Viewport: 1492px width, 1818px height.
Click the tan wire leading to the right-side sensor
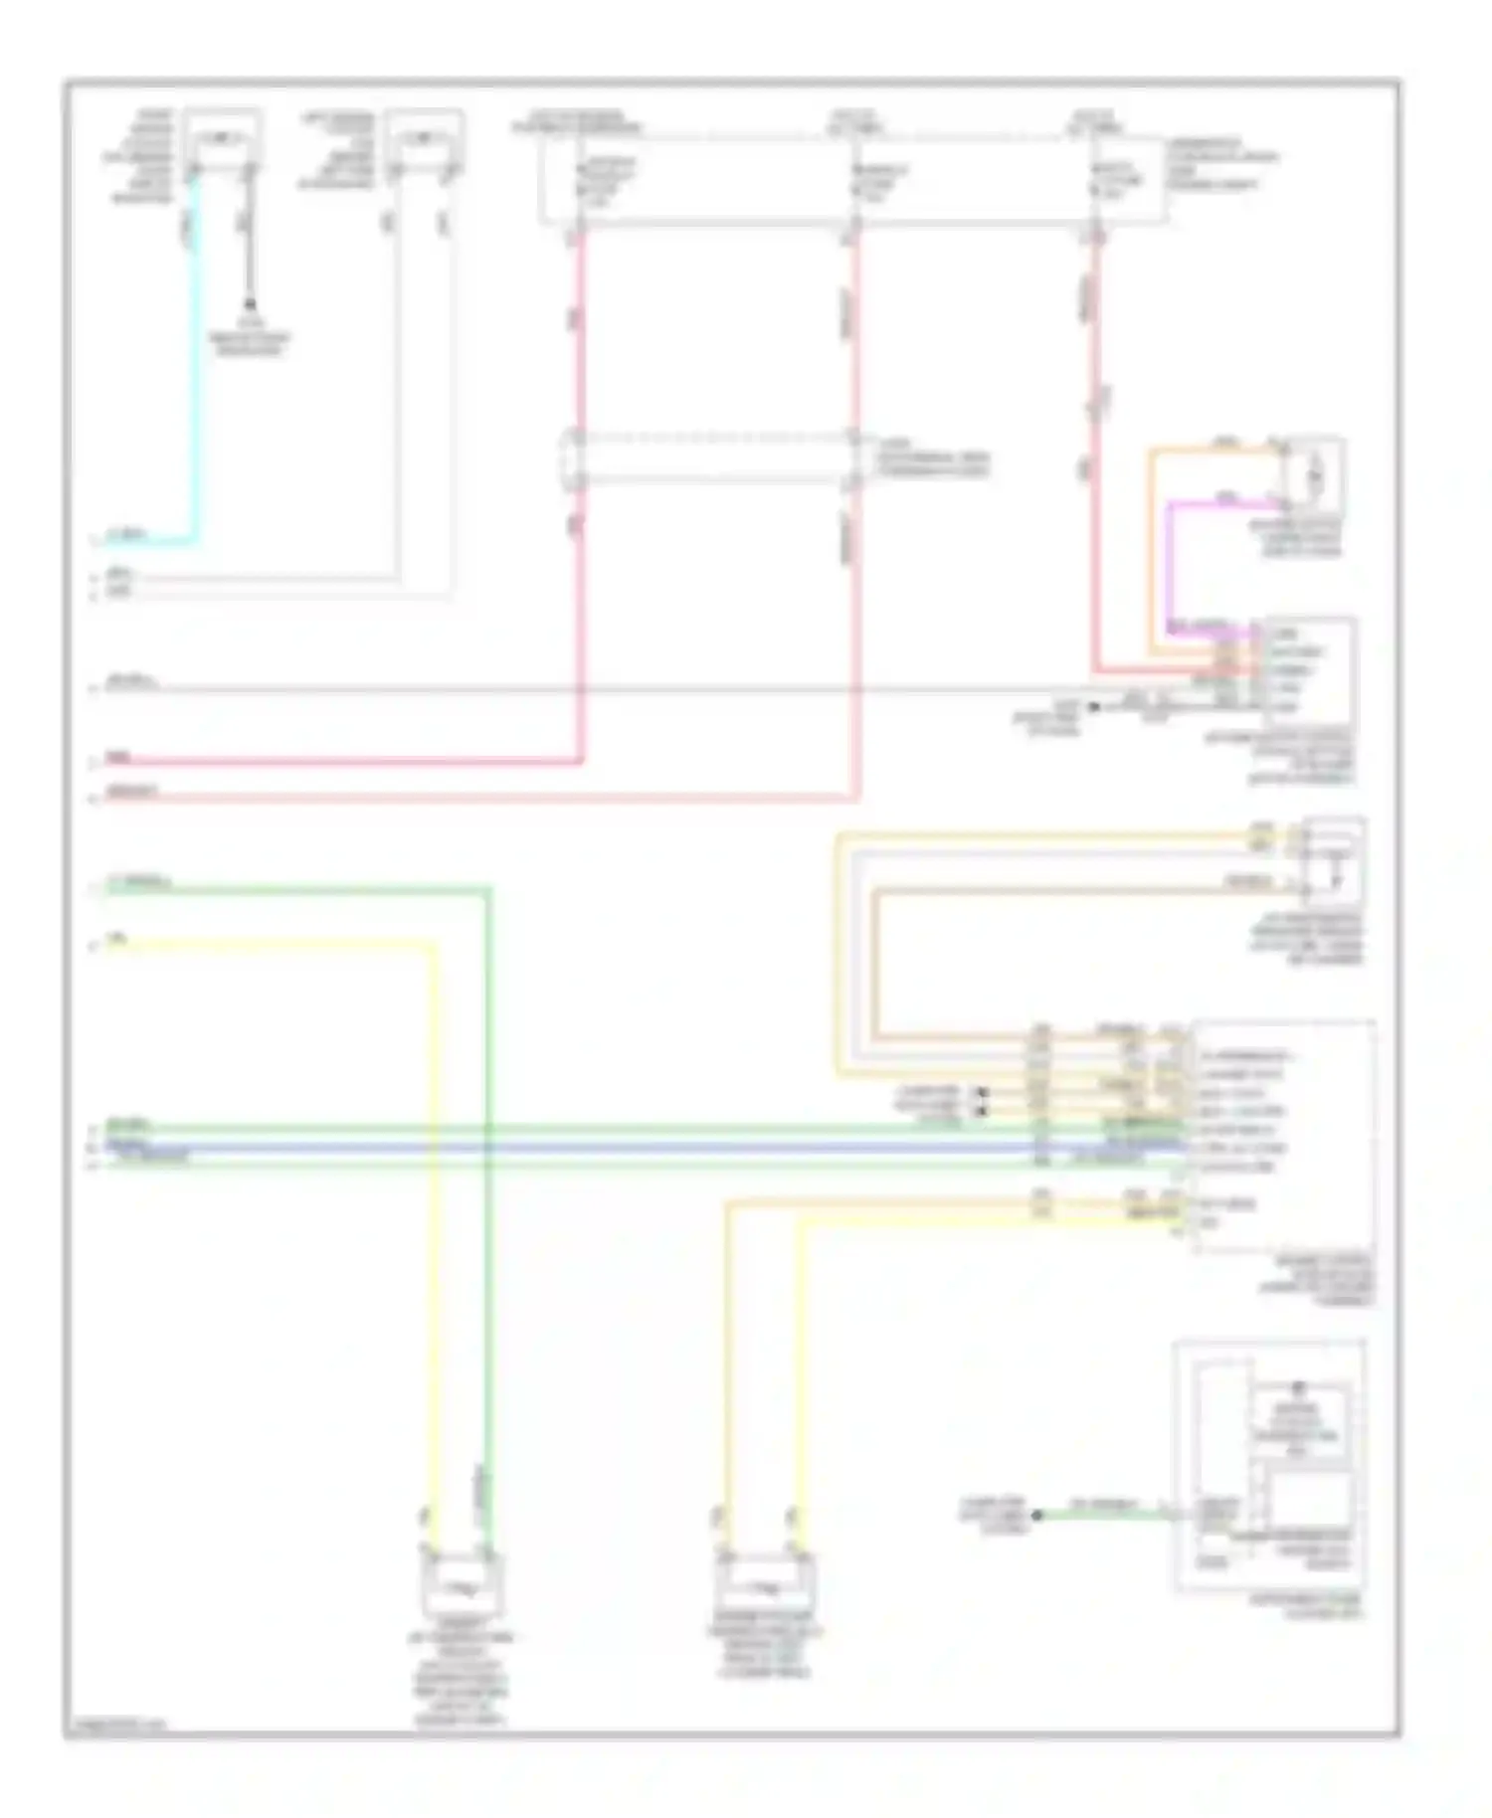[x=875, y=955]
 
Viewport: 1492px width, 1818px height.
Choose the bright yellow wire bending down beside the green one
[x=434, y=1193]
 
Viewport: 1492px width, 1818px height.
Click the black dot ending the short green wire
[x=1036, y=1515]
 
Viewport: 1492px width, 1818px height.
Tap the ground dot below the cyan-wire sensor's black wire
[x=251, y=301]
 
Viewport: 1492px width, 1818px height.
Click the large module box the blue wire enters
[x=1283, y=1134]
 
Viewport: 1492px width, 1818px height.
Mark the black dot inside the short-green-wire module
[x=1297, y=1386]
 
